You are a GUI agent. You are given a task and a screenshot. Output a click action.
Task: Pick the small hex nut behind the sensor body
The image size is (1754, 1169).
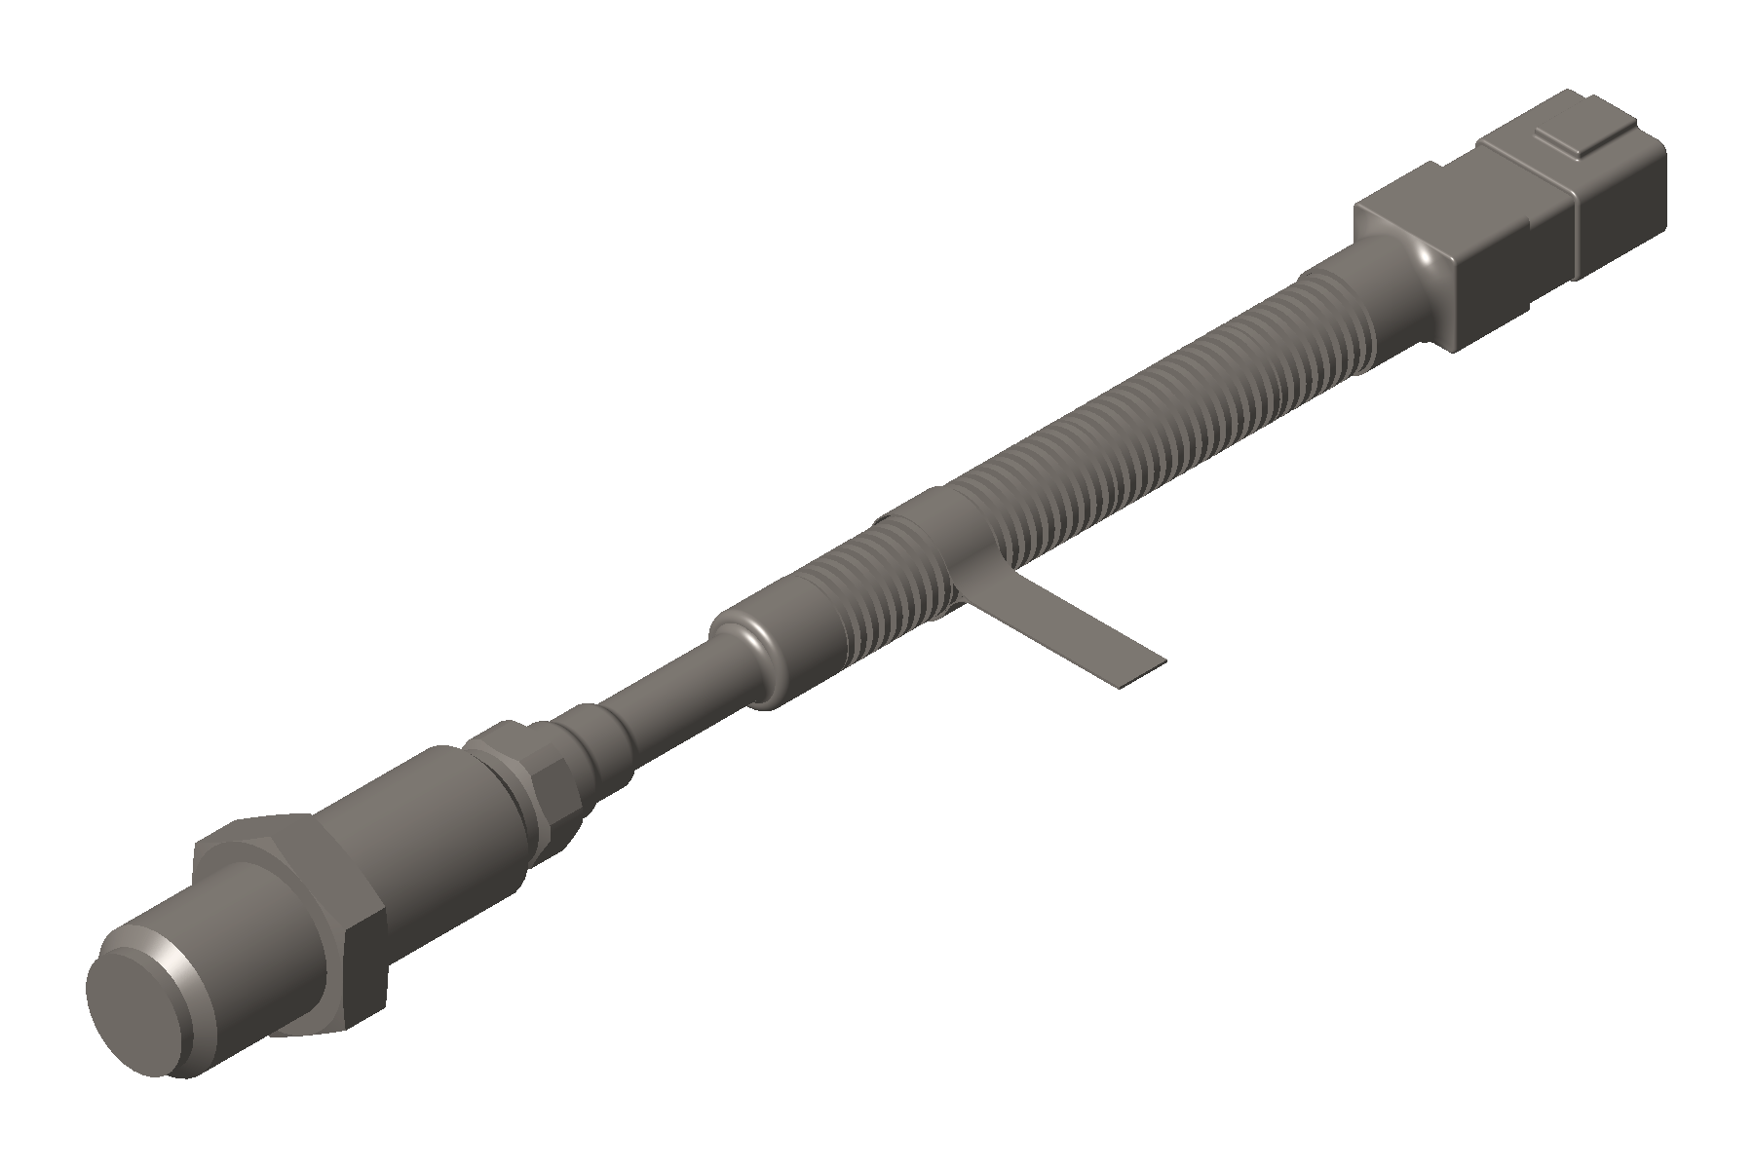click(x=531, y=770)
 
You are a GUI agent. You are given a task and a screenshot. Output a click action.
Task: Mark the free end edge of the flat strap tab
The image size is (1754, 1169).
click(x=1140, y=672)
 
